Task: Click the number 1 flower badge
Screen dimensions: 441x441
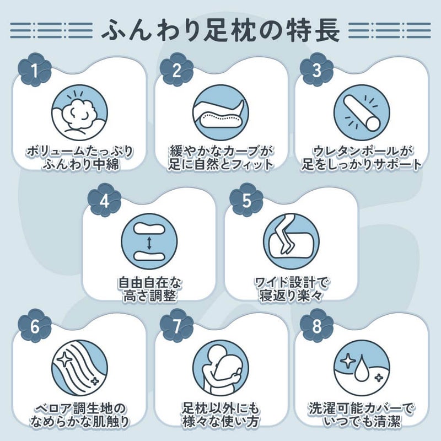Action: pos(35,70)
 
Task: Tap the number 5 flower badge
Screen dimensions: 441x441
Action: pos(246,200)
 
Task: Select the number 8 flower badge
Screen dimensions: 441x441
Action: pos(316,326)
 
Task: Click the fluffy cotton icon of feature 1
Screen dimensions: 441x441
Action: pos(79,112)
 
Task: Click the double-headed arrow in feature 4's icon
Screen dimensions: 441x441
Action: pos(149,243)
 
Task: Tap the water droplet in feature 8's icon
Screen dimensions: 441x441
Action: pos(361,370)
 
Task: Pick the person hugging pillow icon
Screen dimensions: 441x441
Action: pos(221,368)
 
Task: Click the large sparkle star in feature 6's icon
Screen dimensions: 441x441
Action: pos(65,359)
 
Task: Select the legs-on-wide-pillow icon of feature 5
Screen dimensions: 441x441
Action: pos(292,241)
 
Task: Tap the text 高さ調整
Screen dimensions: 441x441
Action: pos(149,295)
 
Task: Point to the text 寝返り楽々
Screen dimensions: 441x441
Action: pos(291,295)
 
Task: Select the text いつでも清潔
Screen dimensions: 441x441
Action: pos(362,422)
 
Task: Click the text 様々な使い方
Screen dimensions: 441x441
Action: pos(221,422)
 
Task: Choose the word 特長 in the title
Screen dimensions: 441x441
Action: pos(313,30)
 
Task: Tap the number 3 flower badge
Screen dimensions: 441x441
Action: pos(316,70)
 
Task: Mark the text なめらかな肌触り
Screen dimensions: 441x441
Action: pos(79,422)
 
